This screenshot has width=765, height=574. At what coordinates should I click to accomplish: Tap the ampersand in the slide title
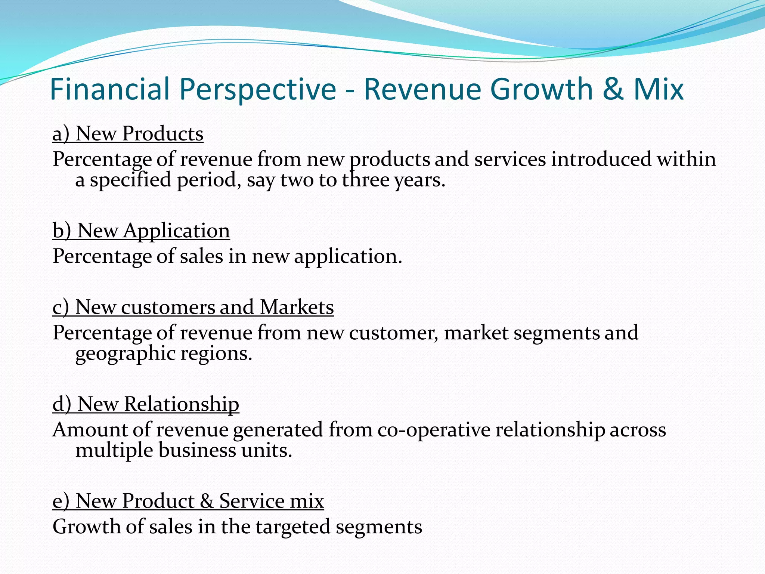(613, 89)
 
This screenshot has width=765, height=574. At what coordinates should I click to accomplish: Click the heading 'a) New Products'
(128, 134)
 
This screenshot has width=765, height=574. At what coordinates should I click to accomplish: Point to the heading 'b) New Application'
(141, 231)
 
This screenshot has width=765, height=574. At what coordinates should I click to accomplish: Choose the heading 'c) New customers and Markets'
(193, 307)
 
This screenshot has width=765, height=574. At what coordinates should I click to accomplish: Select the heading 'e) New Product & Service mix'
(188, 501)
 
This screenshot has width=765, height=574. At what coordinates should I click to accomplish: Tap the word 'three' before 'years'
(366, 180)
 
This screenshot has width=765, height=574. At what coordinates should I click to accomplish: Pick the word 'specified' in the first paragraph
(130, 180)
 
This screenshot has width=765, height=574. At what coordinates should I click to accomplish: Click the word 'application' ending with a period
(347, 257)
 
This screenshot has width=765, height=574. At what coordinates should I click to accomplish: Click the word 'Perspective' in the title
(258, 89)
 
